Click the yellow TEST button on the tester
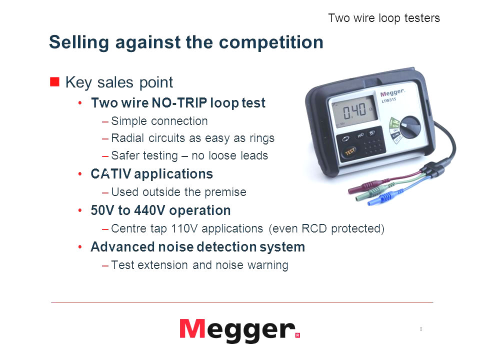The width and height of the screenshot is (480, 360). point(349,151)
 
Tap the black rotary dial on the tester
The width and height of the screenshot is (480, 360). point(410,126)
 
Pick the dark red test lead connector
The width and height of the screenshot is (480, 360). point(367,186)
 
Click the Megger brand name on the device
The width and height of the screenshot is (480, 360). point(392,92)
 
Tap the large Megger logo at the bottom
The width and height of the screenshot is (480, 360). point(239,330)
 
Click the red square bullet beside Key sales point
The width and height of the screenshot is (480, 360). point(54,81)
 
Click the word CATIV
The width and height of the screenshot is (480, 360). point(111,174)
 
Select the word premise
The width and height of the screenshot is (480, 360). point(225,192)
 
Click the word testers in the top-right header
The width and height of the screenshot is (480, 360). point(422,18)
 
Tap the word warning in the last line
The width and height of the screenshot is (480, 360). point(268,265)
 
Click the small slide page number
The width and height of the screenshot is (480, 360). point(421,329)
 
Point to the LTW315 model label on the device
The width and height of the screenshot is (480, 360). point(389,100)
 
